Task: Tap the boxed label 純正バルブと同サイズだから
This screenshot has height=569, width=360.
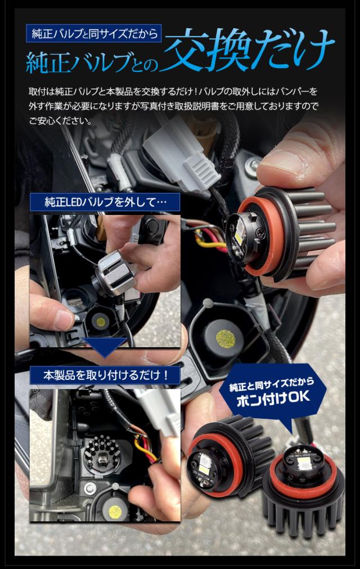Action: pyautogui.click(x=93, y=33)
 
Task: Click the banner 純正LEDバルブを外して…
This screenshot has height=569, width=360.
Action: pyautogui.click(x=105, y=201)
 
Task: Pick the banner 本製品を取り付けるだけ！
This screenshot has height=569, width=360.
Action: pyautogui.click(x=105, y=375)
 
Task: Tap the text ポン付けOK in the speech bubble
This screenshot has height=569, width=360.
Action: pyautogui.click(x=273, y=397)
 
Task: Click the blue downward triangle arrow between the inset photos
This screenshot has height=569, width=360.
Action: pyautogui.click(x=105, y=347)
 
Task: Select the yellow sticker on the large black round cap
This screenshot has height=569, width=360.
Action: pyautogui.click(x=226, y=339)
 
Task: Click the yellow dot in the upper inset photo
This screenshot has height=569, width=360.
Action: pyautogui.click(x=101, y=321)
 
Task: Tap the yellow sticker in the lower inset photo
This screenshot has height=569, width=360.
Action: pyautogui.click(x=115, y=511)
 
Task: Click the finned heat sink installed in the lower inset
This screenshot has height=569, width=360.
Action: pyautogui.click(x=101, y=454)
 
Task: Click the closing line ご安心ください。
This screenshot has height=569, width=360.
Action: pyautogui.click(x=61, y=121)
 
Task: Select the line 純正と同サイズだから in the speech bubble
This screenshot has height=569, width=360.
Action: pyautogui.click(x=272, y=384)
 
